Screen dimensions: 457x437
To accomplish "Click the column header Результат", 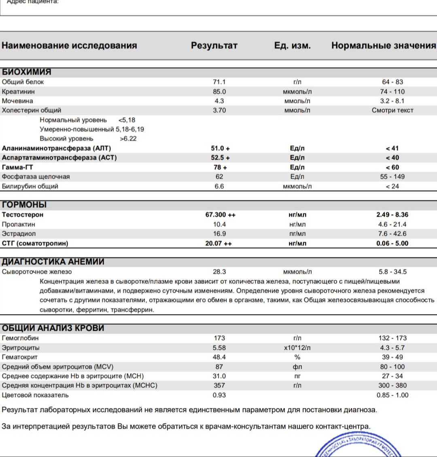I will (214, 46).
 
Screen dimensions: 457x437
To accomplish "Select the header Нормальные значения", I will (383, 46).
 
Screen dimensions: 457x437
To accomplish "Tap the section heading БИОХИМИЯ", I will (27, 72).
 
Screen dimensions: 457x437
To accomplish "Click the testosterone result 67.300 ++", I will (220, 215).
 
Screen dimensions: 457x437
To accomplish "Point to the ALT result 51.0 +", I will (220, 148).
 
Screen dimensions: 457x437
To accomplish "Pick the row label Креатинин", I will (18, 92).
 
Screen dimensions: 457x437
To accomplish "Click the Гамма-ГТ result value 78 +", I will (220, 167).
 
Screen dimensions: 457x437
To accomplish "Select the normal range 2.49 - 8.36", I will (392, 215).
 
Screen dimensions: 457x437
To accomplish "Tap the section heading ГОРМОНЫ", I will (24, 205).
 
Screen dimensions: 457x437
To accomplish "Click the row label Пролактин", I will (19, 224).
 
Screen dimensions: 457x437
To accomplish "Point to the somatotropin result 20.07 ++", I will (219, 243).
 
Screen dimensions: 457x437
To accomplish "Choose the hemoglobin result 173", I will (219, 338).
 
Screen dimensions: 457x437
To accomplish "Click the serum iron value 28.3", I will (219, 272).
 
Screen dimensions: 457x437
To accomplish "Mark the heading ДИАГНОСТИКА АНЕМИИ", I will (53, 262).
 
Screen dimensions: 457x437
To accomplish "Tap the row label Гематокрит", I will (20, 357).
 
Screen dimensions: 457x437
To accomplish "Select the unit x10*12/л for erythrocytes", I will (297, 348).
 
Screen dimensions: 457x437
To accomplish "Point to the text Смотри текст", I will (392, 110).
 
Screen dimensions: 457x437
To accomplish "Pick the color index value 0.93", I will (219, 395).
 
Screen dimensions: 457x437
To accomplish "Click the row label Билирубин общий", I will (30, 186).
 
